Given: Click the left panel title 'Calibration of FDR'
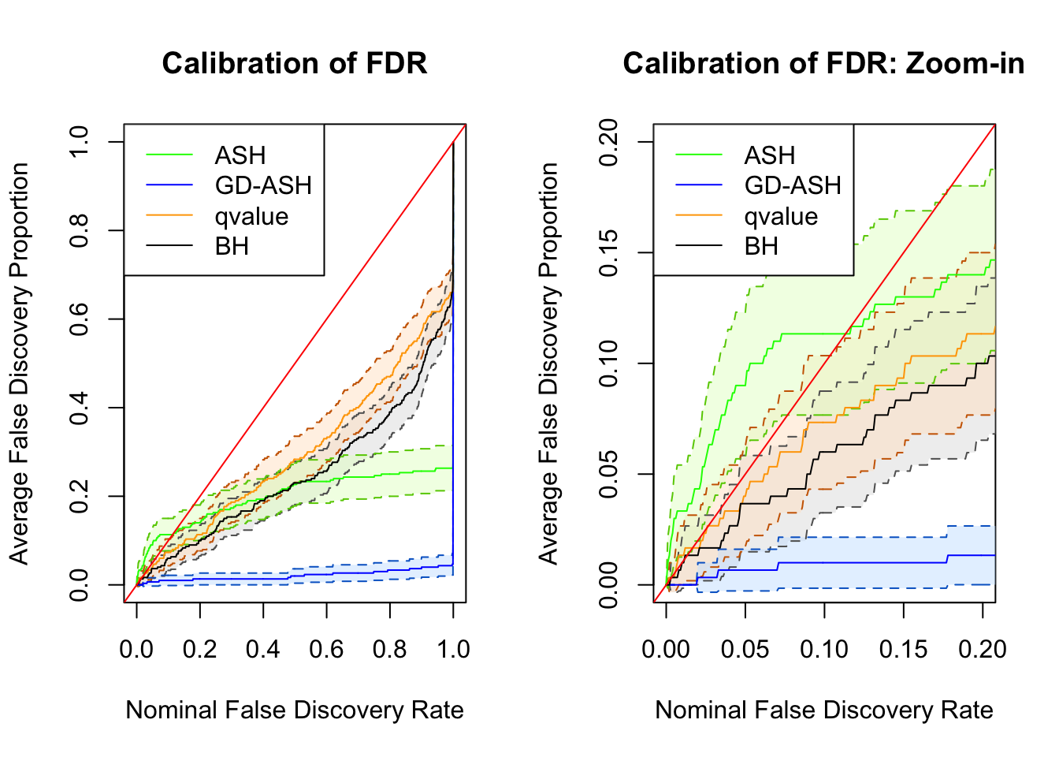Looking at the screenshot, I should coord(294,63).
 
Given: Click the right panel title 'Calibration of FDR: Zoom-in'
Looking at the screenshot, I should coord(823,63).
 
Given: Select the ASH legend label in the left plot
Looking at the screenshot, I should coord(240,155).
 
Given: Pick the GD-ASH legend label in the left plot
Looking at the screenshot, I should coord(263,185).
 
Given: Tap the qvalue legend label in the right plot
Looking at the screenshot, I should coord(781,216).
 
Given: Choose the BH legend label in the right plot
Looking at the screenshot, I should coord(761,246).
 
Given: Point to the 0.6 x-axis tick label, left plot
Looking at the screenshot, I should coord(326,649).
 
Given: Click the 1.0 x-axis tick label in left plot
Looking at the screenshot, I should coord(453,649).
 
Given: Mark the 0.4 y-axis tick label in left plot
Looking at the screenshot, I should coord(80,408).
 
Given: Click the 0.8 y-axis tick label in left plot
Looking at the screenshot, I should coord(80,230).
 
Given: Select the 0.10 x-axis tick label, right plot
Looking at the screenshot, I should coord(824,649).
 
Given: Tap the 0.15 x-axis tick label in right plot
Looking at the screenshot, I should coord(904,649).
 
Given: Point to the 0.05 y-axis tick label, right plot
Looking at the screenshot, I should coord(609,474).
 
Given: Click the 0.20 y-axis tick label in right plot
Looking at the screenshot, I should coord(609,142).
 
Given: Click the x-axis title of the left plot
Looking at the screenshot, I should coord(294,710).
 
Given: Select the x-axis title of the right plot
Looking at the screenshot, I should coord(823,710).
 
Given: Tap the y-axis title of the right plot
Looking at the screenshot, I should coord(548,364).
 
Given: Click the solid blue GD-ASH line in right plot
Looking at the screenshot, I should coord(867,562).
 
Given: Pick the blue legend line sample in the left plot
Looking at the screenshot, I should coord(169,185).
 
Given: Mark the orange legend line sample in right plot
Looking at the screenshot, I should coord(699,215).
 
